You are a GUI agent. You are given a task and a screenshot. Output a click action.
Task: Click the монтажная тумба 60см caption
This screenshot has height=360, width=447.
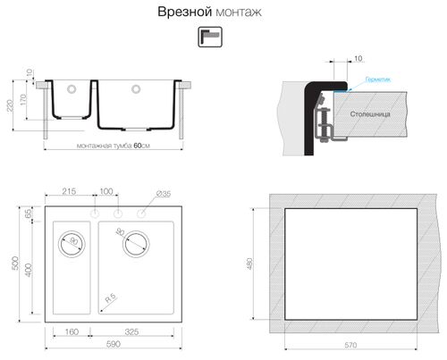(114, 147)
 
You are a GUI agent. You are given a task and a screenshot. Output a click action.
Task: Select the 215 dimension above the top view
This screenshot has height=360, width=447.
(71, 192)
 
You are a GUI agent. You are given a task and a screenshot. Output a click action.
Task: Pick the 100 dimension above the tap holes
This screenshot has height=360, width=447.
(106, 192)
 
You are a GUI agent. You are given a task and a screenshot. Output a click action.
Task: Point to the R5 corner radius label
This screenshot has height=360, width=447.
(108, 298)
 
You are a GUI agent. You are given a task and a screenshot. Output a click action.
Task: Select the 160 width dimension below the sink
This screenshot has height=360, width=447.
(72, 331)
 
